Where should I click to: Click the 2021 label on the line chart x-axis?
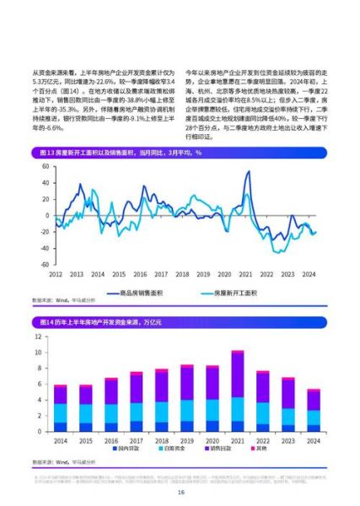point(244,274)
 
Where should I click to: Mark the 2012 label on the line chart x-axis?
point(56,274)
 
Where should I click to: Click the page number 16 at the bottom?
point(180,493)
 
